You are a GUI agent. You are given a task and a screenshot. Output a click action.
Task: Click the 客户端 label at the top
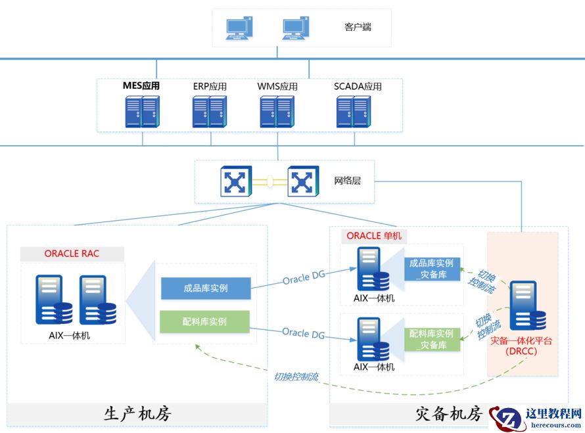tap(358, 27)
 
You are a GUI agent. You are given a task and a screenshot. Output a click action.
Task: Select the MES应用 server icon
tap(142, 112)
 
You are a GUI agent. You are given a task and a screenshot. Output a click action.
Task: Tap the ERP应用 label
tap(210, 86)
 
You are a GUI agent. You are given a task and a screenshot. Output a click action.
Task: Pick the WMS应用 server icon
tap(277, 112)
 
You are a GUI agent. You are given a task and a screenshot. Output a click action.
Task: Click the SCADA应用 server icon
tap(353, 112)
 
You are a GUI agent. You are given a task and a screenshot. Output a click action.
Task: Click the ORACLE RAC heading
tap(72, 253)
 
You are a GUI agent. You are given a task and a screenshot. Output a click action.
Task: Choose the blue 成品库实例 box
tap(205, 288)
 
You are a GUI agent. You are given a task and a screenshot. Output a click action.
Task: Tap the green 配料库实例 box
tap(205, 322)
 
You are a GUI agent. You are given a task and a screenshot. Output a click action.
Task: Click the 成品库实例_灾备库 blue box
tap(431, 269)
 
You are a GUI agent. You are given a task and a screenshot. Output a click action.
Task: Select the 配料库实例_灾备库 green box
tap(431, 339)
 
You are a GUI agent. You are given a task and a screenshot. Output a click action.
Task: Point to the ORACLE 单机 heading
tap(374, 235)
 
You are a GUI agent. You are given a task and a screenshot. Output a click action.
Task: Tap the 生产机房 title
tap(137, 414)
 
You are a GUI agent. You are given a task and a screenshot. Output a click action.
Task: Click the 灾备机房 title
tap(450, 414)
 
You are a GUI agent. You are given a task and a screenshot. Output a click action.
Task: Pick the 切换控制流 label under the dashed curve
tap(296, 377)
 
